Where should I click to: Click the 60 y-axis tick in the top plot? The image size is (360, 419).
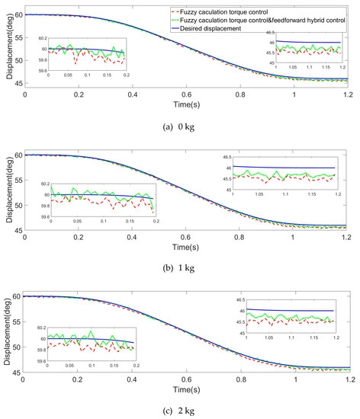(x=15, y=14)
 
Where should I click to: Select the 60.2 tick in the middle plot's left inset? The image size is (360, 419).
(x=43, y=184)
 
